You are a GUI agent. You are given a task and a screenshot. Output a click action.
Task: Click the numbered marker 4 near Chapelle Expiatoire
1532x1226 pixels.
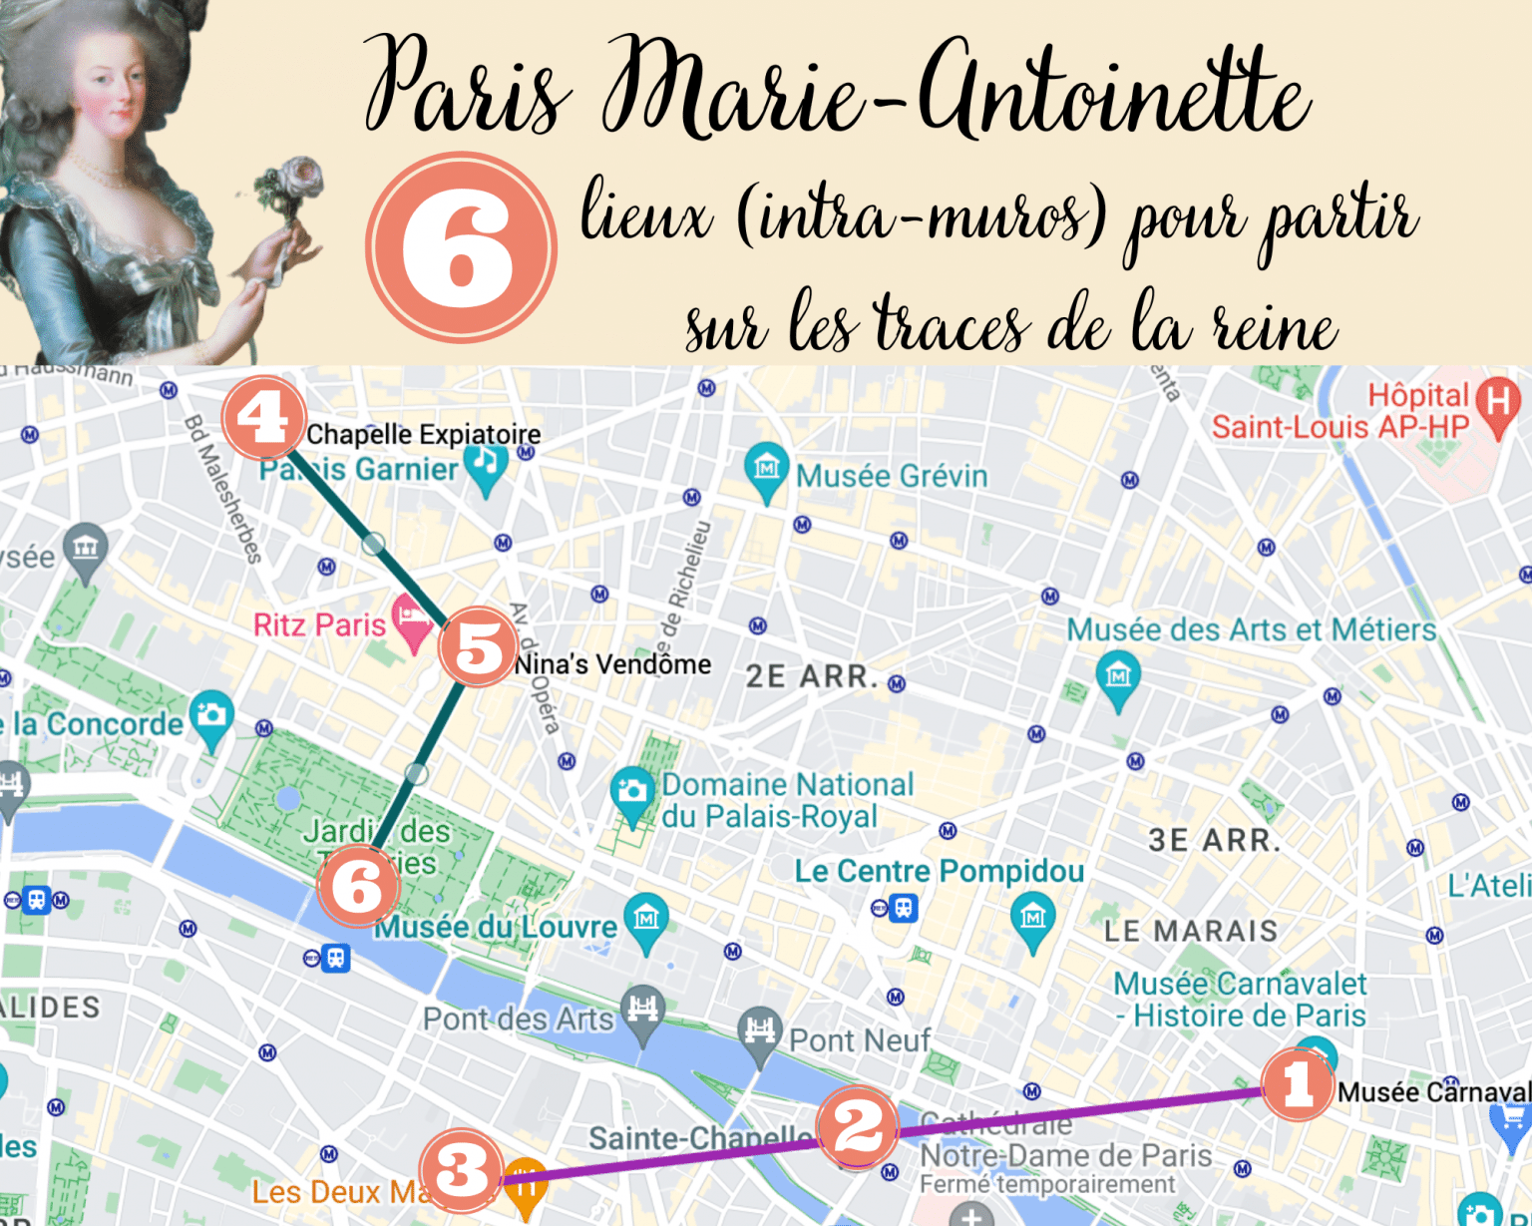[x=263, y=417]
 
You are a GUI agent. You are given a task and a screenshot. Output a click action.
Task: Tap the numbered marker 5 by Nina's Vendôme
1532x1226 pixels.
[x=479, y=646]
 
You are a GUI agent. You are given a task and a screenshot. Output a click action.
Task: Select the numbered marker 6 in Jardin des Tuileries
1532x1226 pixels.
[x=357, y=886]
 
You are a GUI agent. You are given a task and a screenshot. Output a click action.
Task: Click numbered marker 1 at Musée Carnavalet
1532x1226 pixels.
[x=1298, y=1083]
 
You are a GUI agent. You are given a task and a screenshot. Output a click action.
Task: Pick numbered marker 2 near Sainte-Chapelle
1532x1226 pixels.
[x=857, y=1127]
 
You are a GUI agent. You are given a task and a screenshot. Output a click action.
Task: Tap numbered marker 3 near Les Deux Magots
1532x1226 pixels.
[x=461, y=1170]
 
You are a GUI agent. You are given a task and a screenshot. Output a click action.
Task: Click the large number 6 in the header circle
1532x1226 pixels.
[x=461, y=247]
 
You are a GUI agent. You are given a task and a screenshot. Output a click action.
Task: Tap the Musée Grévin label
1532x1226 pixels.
[x=891, y=476]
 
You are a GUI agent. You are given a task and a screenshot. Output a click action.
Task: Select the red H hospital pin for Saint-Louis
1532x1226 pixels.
[x=1497, y=403]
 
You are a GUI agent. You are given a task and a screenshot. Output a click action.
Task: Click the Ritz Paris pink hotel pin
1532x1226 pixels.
[x=412, y=618]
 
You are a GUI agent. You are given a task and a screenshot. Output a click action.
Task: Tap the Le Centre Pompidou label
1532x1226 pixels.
[x=939, y=871]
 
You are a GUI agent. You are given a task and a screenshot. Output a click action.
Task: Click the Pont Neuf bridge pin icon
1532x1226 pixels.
[x=760, y=1029]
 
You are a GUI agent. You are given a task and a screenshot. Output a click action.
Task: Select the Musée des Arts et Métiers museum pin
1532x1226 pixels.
[x=1118, y=676]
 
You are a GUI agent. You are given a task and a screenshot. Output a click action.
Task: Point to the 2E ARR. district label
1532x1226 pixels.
[x=811, y=676]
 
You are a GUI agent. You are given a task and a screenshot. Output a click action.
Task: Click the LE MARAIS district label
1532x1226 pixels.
[x=1190, y=931]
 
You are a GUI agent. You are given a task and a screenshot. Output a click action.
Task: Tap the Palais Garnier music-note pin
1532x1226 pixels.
[x=486, y=464]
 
